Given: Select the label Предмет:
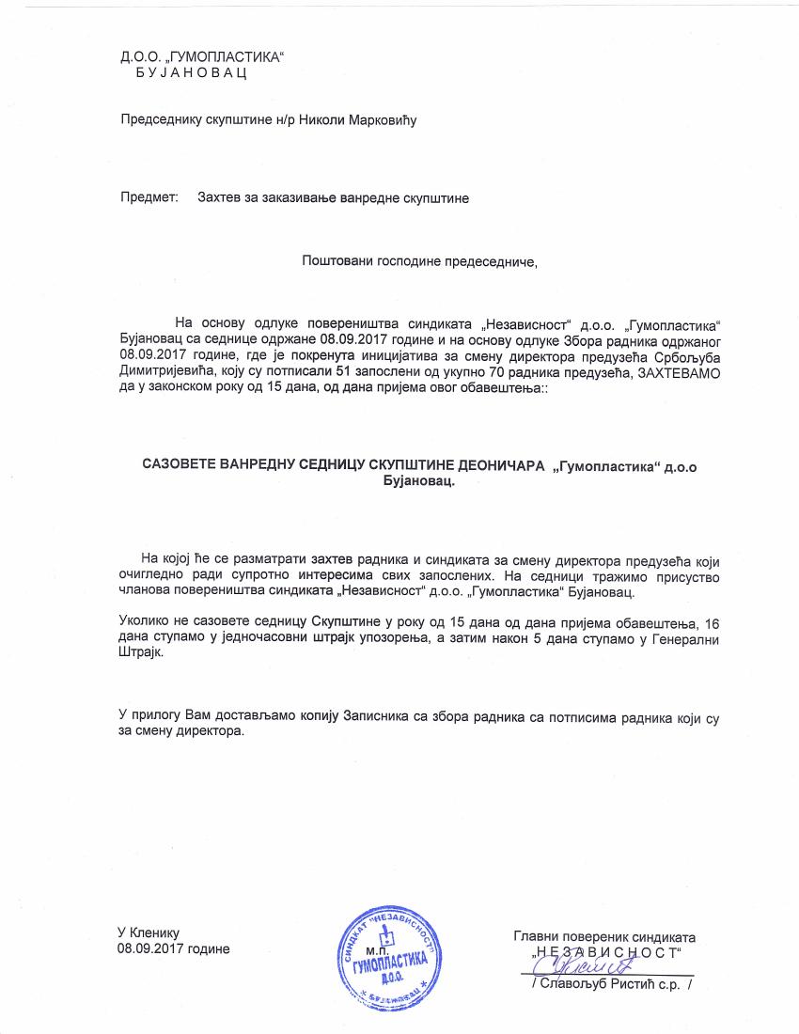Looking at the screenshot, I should point(149,198).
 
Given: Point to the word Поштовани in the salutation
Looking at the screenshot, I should point(331,260).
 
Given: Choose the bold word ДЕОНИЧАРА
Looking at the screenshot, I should point(497,464).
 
